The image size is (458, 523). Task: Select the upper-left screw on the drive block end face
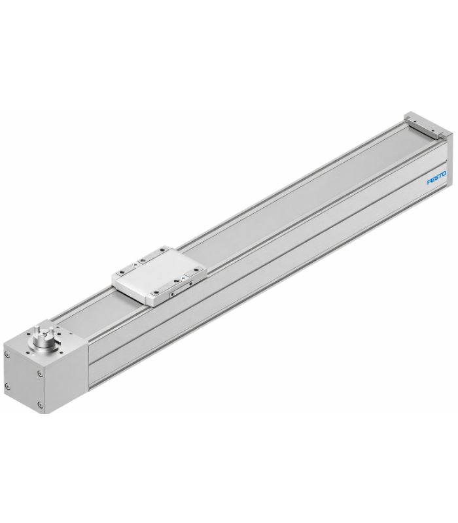[7, 354]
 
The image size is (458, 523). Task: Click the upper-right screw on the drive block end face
[40, 373]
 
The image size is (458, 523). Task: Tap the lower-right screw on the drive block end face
[41, 405]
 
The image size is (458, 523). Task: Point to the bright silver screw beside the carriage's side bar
[183, 277]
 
